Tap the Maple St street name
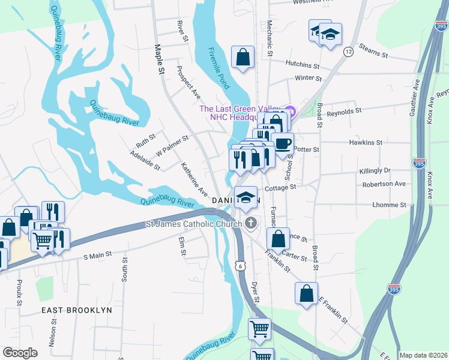pyautogui.click(x=160, y=59)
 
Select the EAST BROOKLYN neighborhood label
pyautogui.click(x=76, y=310)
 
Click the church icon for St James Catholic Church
pyautogui.click(x=252, y=224)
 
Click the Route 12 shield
pyautogui.click(x=348, y=52)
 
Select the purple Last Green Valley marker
pyautogui.click(x=291, y=110)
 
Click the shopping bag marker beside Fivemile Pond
pyautogui.click(x=243, y=58)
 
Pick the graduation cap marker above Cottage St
pyautogui.click(x=246, y=197)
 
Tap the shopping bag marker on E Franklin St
pyautogui.click(x=306, y=294)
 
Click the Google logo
pyautogui.click(x=20, y=352)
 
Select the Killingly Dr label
pyautogui.click(x=375, y=171)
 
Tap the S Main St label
pyautogui.click(x=97, y=255)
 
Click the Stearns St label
pyautogui.click(x=373, y=50)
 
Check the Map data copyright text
pyautogui.click(x=423, y=355)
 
